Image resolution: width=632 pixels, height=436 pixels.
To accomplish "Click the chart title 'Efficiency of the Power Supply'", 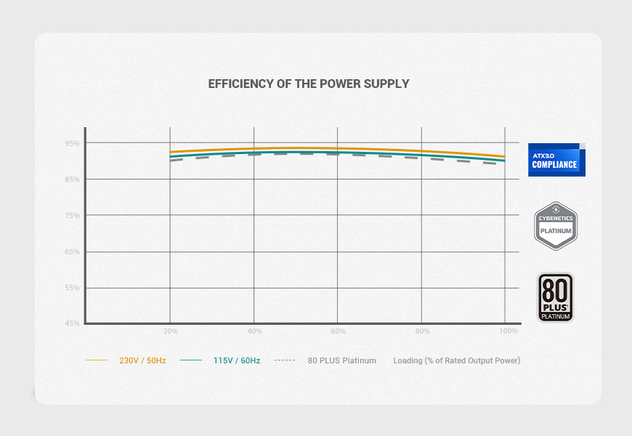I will click(x=309, y=84).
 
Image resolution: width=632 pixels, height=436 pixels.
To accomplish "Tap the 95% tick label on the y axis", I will click(x=72, y=143).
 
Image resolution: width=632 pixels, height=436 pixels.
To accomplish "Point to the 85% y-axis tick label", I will click(x=72, y=179).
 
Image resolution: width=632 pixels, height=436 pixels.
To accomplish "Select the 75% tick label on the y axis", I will click(x=72, y=216).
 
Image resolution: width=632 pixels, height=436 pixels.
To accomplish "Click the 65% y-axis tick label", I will click(x=72, y=252).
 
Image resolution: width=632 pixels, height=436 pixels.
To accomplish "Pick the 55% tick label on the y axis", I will click(x=72, y=288).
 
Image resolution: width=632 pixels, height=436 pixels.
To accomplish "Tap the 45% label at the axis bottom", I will click(x=72, y=323).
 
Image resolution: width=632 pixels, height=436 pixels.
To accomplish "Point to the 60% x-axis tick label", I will click(x=338, y=331).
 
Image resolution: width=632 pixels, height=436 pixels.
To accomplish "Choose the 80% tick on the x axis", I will click(x=422, y=331).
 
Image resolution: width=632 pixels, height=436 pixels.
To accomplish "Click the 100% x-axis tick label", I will click(x=509, y=331).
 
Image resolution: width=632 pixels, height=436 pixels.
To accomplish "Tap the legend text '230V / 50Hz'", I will click(x=142, y=360).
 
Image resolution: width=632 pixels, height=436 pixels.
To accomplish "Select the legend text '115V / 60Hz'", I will click(x=237, y=360).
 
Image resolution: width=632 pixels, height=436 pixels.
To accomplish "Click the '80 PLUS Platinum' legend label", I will click(x=341, y=360).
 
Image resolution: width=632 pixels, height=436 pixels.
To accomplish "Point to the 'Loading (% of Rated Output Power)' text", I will click(x=456, y=360).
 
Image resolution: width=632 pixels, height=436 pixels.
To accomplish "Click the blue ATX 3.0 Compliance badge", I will click(x=556, y=160).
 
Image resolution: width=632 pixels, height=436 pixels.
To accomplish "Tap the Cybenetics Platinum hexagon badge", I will click(x=556, y=226).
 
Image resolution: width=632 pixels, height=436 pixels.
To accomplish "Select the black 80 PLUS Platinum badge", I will click(x=556, y=297).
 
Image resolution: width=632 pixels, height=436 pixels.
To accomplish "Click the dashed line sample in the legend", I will click(x=285, y=360).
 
